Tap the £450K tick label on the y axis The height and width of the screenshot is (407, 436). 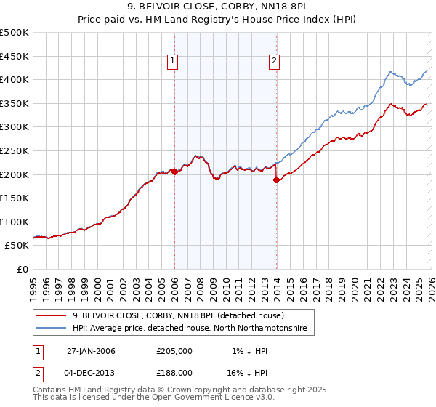pos(15,56)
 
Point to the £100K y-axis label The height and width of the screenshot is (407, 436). pos(15,222)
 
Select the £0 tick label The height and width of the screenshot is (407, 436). pos(22,269)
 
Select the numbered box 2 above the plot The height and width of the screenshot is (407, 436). pos(275,62)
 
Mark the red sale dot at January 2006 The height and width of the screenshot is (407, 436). pos(174,172)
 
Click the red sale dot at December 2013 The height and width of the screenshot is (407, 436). pos(276,180)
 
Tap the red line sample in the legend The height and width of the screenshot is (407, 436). pos(52,315)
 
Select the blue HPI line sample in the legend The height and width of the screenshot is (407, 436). pos(52,329)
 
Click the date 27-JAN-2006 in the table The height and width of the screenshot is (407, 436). pos(91,351)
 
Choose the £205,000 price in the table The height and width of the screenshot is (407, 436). pos(174,351)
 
